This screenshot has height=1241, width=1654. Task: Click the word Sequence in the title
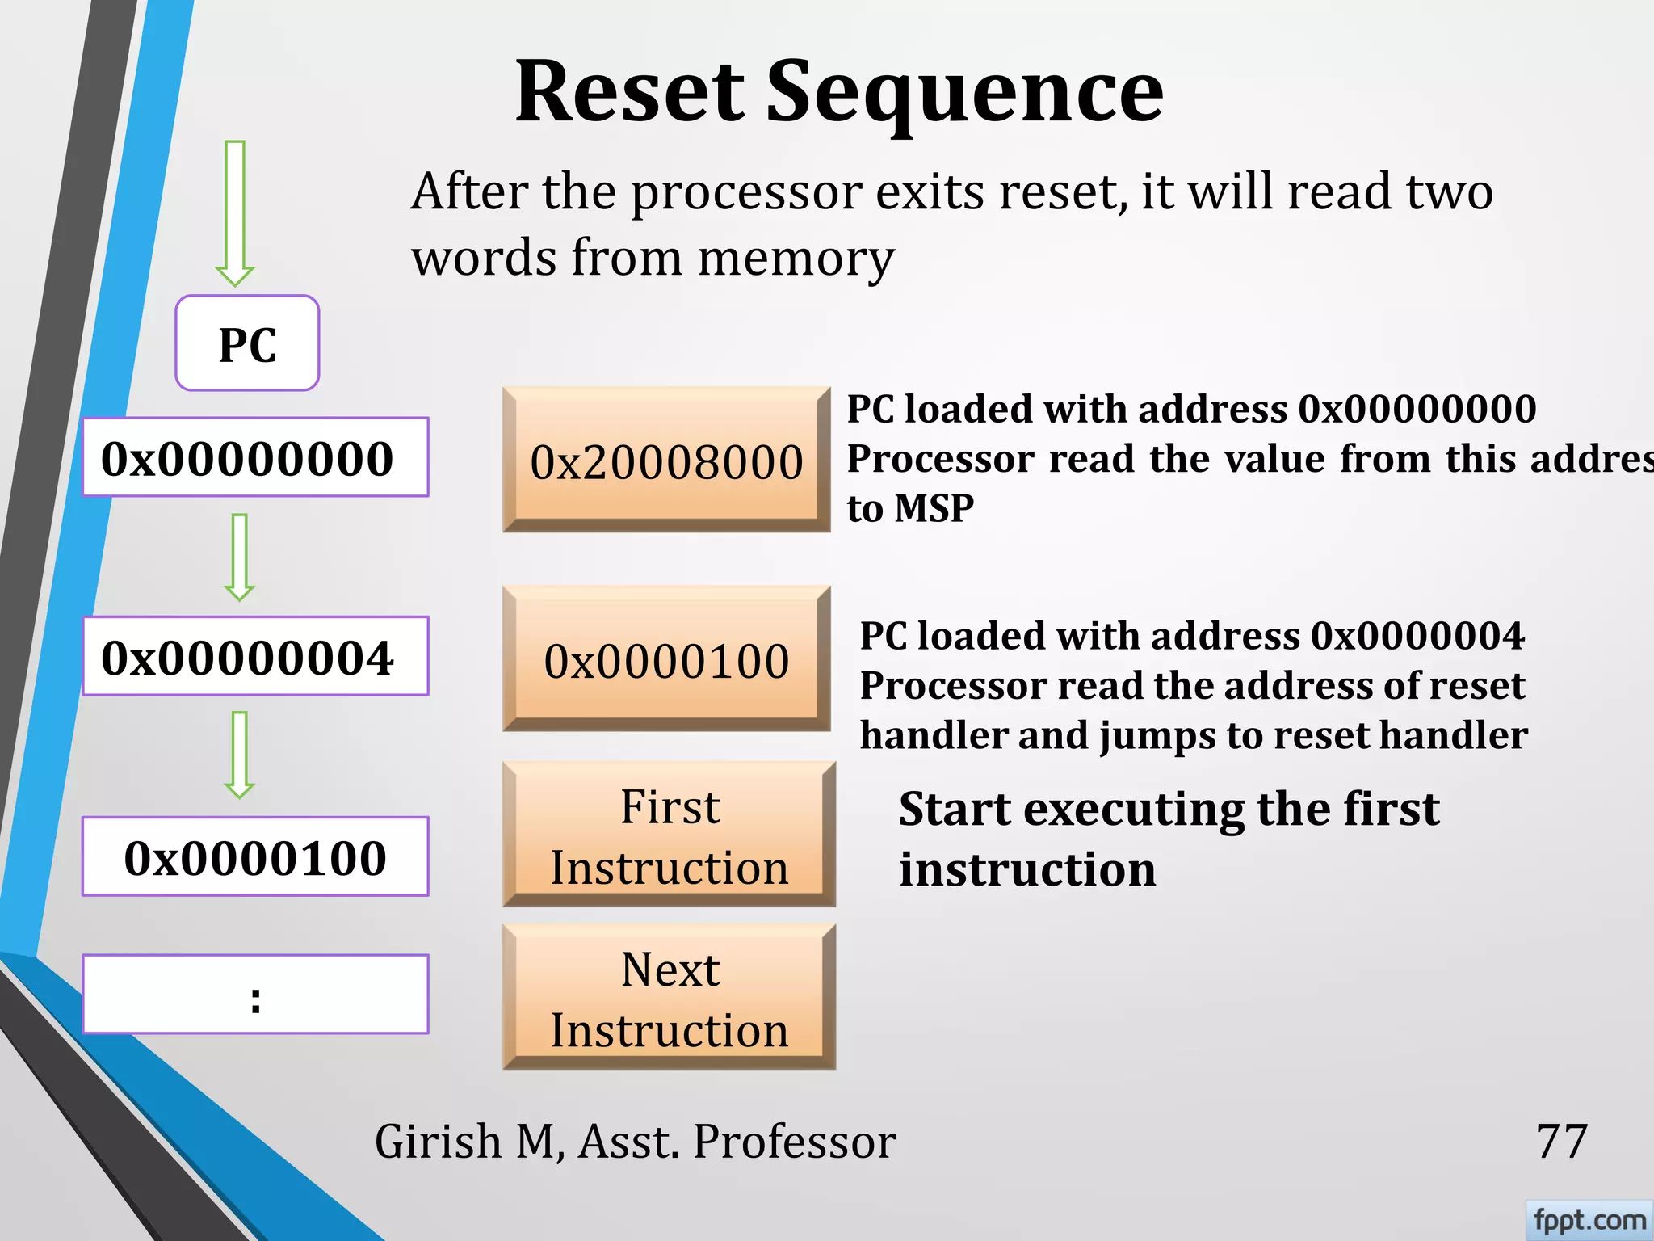964,94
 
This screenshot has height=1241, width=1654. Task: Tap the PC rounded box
247,343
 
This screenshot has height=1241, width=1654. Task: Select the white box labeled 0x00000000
255,457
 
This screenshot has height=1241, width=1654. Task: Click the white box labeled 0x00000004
255,656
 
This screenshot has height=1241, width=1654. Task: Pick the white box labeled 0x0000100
255,856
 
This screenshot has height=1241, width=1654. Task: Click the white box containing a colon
255,995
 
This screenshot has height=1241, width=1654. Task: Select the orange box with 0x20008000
666,460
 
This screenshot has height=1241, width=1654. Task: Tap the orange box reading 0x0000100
666,659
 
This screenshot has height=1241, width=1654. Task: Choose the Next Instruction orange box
669,998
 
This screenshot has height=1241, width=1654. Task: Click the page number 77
1561,1142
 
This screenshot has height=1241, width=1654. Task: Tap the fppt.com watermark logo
1589,1219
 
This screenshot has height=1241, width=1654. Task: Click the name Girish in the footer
439,1142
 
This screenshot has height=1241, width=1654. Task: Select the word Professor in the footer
795,1142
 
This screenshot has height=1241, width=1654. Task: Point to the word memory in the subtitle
796,259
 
